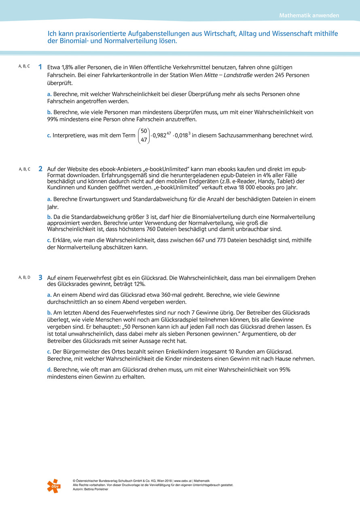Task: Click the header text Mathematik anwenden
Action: point(309,16)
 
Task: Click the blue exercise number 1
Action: point(40,67)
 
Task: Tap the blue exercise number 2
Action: point(40,169)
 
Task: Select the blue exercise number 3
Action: point(40,278)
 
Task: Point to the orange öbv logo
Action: point(53,486)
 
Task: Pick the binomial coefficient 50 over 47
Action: point(144,135)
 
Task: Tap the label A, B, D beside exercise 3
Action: point(24,277)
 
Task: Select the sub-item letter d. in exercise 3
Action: point(49,370)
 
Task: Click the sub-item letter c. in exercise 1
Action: point(49,135)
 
